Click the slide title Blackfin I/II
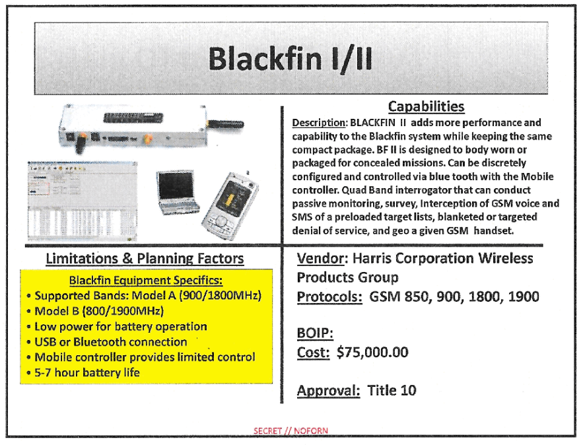[x=291, y=59]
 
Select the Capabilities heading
[x=426, y=107]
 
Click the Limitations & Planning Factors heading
[x=145, y=258]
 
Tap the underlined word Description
[x=319, y=123]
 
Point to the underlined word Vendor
[x=320, y=258]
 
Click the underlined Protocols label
[x=329, y=296]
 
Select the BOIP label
[x=315, y=333]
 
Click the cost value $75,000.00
[x=372, y=352]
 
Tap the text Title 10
[x=392, y=390]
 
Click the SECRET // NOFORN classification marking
[x=291, y=430]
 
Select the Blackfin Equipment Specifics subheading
[x=146, y=280]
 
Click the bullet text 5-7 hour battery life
[x=87, y=372]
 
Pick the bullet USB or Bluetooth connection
[x=111, y=341]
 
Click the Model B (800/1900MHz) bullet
[x=99, y=311]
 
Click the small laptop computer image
[x=178, y=192]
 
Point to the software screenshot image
[x=82, y=201]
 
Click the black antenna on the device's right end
[x=226, y=124]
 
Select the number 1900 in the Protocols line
[x=523, y=296]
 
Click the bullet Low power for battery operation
[x=120, y=326]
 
